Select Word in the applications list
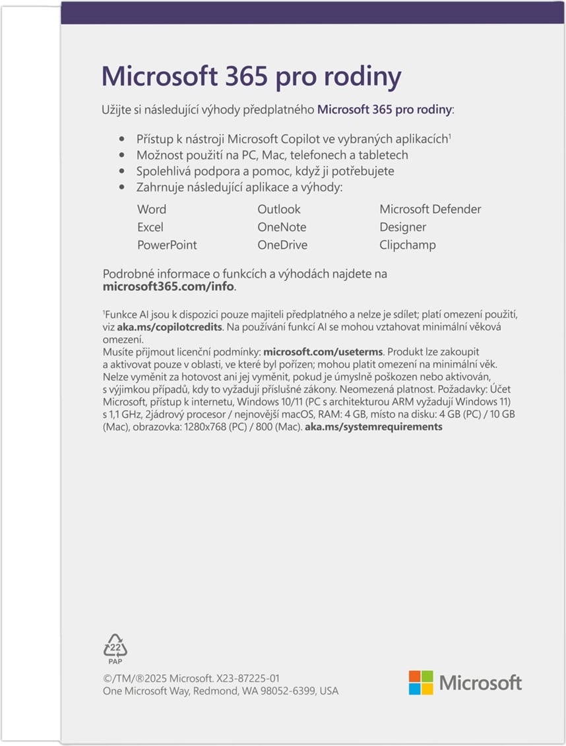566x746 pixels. (152, 209)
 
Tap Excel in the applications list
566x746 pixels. (150, 227)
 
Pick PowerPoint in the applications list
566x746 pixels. (167, 245)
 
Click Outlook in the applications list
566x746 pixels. (278, 209)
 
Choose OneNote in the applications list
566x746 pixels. (282, 227)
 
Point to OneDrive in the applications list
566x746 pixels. (282, 245)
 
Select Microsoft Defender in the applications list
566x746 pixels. (430, 209)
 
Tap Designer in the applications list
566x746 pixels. (402, 227)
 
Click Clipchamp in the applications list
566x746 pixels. (407, 245)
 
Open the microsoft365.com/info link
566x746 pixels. (169, 288)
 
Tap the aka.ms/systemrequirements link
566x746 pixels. (373, 427)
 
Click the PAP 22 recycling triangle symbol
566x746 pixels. (115, 648)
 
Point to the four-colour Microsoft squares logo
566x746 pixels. (421, 683)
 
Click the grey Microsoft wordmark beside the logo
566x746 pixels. (480, 683)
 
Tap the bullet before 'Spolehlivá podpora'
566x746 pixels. (121, 171)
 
